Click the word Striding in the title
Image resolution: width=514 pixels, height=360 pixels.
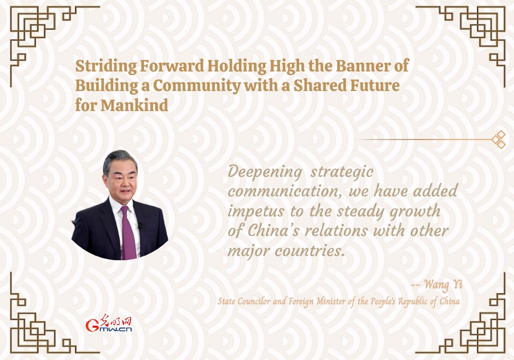106,66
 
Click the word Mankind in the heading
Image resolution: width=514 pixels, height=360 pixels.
134,105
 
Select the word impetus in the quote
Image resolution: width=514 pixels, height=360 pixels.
255,212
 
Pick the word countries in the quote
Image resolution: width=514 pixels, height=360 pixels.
310,251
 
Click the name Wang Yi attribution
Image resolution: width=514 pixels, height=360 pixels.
443,284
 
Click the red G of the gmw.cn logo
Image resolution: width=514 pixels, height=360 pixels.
92,325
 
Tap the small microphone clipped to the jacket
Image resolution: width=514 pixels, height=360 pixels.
140,226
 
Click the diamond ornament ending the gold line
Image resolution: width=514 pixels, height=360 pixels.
499,140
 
